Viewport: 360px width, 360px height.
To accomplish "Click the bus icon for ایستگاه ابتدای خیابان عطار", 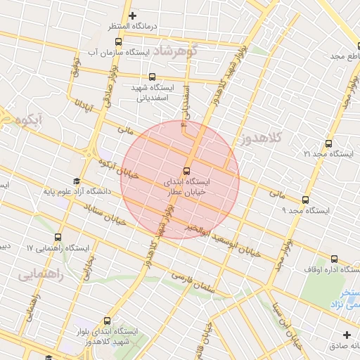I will coord(187,170).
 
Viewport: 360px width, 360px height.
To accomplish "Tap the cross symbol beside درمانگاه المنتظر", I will coord(131,15).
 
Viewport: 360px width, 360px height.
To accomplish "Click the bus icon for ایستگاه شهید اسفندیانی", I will coord(152,77).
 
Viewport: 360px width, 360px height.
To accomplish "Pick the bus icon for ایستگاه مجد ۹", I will coord(305,199).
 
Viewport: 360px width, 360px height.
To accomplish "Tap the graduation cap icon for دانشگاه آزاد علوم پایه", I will coord(77,181).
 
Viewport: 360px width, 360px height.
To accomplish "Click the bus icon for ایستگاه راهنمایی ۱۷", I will coord(57,237).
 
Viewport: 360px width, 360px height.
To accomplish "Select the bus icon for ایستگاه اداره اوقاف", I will coord(335,258).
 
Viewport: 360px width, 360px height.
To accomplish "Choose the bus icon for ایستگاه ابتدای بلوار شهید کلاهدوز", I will coord(107,320).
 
